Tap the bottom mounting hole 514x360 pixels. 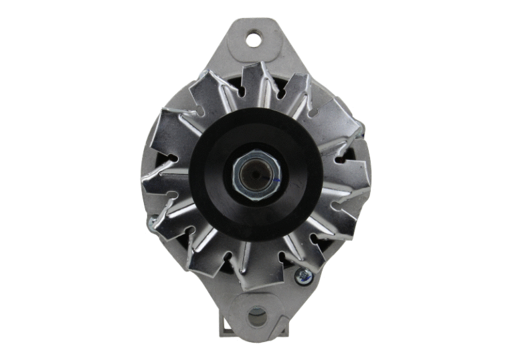click(257, 317)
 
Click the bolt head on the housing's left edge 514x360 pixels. click(151, 221)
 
